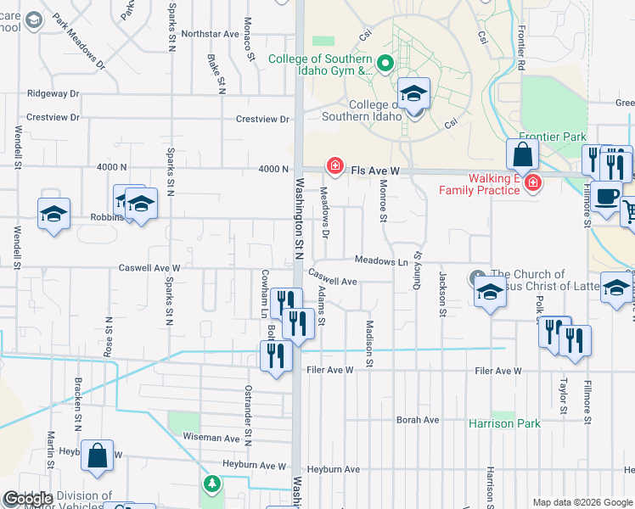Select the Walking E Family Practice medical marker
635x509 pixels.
coord(532,182)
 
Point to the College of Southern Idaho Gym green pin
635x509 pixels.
coord(385,63)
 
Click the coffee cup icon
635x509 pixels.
coord(606,197)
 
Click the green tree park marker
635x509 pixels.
coord(211,484)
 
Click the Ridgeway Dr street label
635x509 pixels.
coord(53,93)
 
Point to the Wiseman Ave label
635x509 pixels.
coord(211,439)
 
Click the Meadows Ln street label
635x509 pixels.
coord(381,262)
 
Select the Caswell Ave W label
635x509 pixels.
coord(149,267)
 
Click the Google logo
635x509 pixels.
coord(27,498)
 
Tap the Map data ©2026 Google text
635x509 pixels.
coord(582,502)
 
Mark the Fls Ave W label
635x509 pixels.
coord(371,171)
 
